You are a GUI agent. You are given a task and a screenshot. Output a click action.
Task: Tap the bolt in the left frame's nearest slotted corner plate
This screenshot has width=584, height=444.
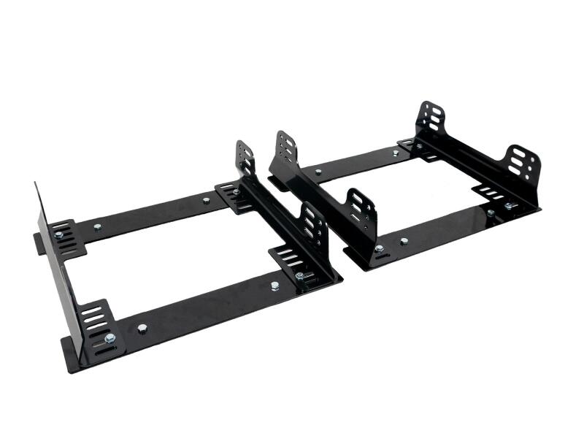[109, 338]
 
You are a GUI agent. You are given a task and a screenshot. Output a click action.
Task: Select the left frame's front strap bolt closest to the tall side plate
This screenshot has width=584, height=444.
[142, 328]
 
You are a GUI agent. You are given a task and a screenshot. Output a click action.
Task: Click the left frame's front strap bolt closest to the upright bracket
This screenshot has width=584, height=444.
[274, 286]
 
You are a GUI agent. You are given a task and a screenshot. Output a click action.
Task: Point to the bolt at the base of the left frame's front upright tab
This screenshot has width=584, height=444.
[299, 275]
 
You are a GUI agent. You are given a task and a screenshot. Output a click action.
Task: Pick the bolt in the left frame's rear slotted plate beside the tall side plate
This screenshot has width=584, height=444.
[58, 235]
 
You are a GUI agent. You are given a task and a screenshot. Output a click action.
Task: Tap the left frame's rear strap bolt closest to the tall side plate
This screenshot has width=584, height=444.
[97, 226]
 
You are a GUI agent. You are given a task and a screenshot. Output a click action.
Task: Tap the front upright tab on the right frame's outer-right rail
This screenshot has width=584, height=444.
[523, 166]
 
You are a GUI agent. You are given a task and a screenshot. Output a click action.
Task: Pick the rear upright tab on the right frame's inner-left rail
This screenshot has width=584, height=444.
[286, 149]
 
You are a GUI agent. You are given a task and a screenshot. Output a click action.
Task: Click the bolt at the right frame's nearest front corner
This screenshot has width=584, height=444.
[378, 248]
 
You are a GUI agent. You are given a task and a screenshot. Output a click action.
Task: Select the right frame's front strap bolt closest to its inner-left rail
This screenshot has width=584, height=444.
[404, 240]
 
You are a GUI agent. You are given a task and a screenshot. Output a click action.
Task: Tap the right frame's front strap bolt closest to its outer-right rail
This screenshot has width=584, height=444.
[491, 213]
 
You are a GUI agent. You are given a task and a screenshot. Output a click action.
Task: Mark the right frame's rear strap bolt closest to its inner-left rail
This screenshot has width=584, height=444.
[318, 172]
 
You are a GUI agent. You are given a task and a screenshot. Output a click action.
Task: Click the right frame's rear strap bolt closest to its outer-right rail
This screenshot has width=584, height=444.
[395, 153]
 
